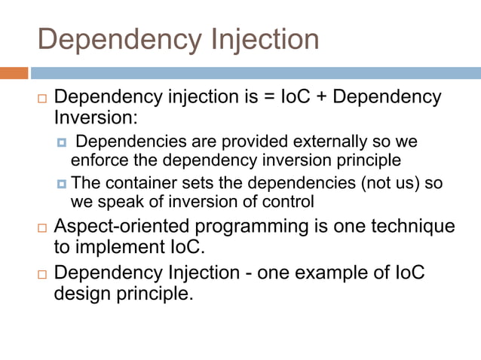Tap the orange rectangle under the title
point(14,73)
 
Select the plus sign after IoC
point(326,98)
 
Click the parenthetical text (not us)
point(385,183)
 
